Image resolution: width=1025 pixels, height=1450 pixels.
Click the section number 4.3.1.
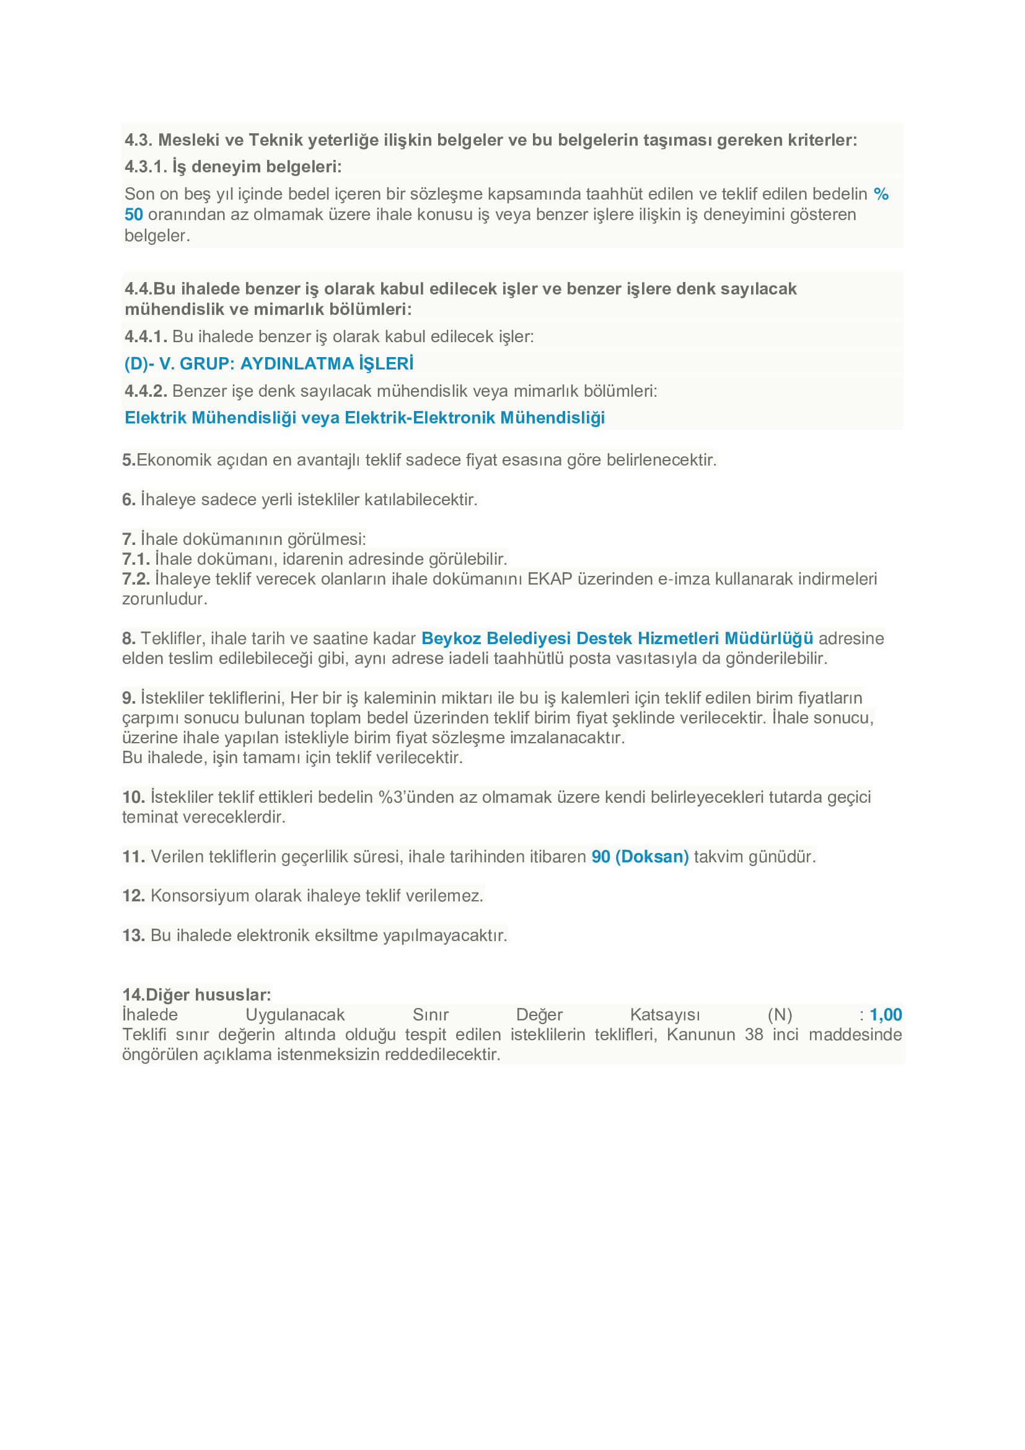[146, 167]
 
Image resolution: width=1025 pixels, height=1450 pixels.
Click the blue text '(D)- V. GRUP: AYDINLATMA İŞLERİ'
[269, 364]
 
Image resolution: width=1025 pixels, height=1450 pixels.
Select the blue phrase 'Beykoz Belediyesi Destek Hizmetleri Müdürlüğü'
[617, 639]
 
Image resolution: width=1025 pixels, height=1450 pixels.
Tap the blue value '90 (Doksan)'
[640, 856]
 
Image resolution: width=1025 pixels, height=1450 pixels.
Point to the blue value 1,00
[886, 1015]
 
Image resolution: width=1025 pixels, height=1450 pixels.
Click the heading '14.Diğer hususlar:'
[196, 994]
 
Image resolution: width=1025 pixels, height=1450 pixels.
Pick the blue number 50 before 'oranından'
[134, 214]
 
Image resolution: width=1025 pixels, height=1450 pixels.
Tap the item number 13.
[133, 935]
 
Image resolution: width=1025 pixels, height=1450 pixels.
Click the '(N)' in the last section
[780, 1015]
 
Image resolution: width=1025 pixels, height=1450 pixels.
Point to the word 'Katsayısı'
[664, 1015]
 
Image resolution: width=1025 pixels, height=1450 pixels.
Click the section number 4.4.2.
[146, 391]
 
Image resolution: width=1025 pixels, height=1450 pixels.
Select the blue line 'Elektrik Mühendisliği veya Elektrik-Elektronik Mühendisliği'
[364, 417]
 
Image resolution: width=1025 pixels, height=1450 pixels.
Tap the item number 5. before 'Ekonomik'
[129, 460]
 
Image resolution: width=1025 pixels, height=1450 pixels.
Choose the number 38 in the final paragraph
[754, 1035]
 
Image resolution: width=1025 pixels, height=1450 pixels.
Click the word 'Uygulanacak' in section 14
[295, 1015]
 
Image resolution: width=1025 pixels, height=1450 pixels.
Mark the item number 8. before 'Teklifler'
[129, 639]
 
